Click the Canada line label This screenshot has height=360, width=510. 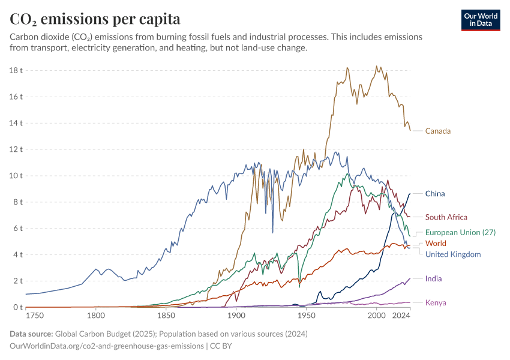coord(437,131)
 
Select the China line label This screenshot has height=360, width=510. coord(434,194)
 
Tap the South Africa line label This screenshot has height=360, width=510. coord(446,217)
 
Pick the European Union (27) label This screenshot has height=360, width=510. coord(460,232)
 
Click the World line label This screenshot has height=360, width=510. coord(436,244)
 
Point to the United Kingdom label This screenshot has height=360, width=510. coord(453,254)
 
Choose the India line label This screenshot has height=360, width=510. coord(434,278)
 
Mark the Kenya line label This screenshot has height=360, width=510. coord(436,302)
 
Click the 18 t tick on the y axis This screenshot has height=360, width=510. coord(16,70)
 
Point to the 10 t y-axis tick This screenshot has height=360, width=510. coord(16,176)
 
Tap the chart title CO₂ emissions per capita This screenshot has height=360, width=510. coord(95,19)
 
